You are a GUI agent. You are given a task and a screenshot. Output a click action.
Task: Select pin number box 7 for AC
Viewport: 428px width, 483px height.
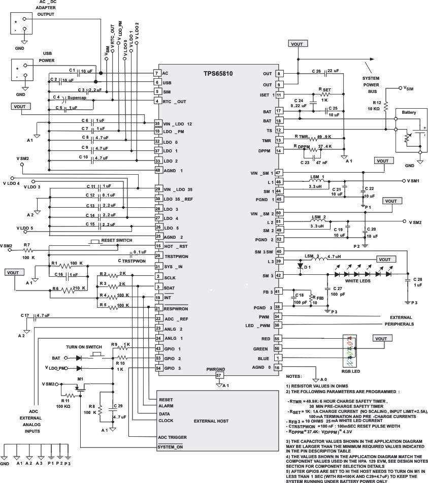coord(157,73)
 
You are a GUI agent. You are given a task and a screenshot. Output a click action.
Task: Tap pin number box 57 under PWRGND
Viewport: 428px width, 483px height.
coord(219,375)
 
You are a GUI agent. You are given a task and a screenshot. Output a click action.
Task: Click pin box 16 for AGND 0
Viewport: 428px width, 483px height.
coord(278,367)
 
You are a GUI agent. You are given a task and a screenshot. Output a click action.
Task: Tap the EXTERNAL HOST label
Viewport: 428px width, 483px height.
coord(211,421)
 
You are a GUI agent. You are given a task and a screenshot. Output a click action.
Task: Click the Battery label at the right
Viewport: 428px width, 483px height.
coord(409,112)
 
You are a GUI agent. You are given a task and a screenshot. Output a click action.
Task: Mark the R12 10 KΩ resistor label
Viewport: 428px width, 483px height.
coord(376,105)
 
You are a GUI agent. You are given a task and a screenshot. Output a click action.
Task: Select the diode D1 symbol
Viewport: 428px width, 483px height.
coord(300,266)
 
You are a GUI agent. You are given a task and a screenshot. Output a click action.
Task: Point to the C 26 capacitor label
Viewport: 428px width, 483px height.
coord(314,71)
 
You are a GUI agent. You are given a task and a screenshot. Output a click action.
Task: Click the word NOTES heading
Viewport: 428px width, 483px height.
coord(294,376)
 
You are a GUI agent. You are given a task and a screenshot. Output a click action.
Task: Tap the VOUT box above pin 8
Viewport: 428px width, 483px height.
coord(297,44)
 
